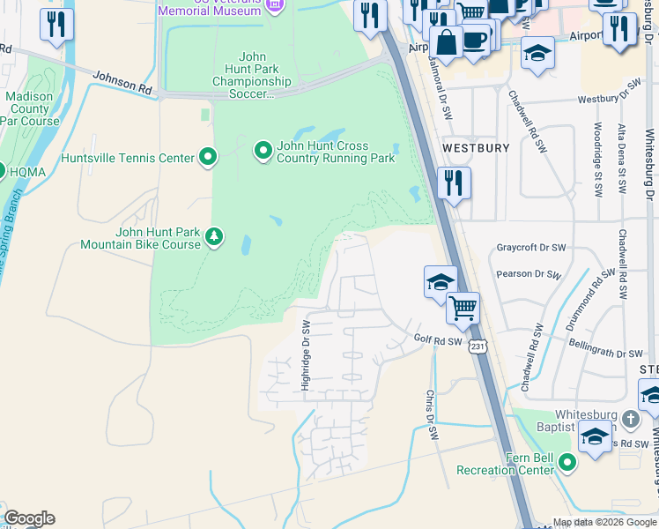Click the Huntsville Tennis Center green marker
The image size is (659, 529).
[208, 158]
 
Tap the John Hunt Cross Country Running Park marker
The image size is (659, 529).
[263, 152]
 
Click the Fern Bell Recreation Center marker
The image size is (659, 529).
[566, 462]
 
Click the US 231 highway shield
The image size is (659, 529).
[477, 346]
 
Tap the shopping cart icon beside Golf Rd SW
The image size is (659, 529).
[463, 309]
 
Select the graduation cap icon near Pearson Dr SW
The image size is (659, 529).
[441, 282]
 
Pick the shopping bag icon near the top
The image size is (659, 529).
[448, 41]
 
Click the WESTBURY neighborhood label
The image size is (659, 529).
[476, 148]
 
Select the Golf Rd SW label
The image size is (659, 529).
[438, 341]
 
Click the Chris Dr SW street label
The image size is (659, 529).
[432, 415]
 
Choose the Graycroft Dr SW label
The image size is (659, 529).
[528, 249]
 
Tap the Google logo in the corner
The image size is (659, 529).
[29, 518]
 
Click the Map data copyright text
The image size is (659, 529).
[604, 522]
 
